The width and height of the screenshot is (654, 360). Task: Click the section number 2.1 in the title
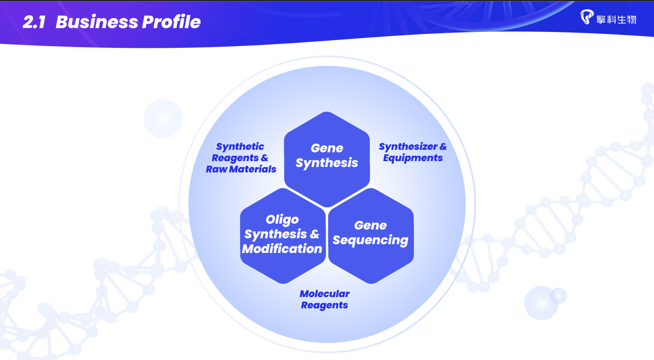click(x=34, y=22)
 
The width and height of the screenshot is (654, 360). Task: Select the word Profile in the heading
click(x=171, y=22)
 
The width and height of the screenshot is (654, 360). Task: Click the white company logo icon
click(x=586, y=17)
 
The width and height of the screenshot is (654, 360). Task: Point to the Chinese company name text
click(x=616, y=20)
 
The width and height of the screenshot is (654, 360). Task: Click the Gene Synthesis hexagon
click(x=327, y=159)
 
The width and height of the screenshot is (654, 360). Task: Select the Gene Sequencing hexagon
click(x=371, y=236)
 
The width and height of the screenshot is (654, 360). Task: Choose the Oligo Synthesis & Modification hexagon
click(x=283, y=236)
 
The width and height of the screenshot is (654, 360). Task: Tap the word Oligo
click(x=282, y=220)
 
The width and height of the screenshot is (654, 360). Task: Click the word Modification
click(x=282, y=249)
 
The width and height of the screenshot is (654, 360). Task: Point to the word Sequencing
click(x=371, y=240)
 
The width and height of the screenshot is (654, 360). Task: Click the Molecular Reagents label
click(x=324, y=299)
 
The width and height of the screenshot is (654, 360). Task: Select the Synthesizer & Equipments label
click(x=413, y=152)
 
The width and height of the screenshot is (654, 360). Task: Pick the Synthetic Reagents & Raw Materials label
click(x=241, y=158)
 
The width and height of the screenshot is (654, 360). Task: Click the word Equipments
click(x=413, y=158)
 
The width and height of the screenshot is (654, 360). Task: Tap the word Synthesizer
click(x=408, y=147)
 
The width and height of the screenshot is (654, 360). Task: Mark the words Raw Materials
click(x=241, y=169)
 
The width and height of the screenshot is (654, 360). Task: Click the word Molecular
click(x=324, y=294)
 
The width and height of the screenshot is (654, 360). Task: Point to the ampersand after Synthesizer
click(x=443, y=146)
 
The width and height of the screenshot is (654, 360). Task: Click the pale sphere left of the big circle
click(x=163, y=118)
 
